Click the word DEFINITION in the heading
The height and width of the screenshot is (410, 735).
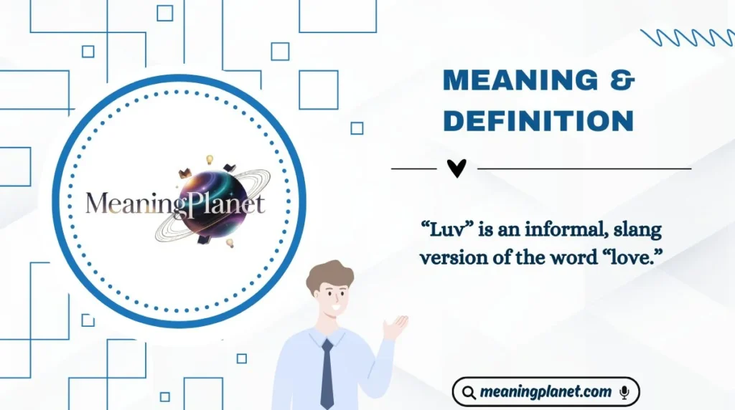tap(538, 120)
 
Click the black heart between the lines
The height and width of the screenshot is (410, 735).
tap(457, 168)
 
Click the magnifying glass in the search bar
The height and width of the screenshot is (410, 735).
tap(469, 393)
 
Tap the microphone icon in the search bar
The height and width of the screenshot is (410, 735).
tap(624, 392)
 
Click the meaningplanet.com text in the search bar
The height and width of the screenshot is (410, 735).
tap(546, 392)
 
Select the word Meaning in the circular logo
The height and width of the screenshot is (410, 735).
tap(128, 204)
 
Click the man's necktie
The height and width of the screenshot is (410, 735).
tap(327, 373)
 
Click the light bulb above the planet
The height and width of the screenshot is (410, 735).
tap(210, 159)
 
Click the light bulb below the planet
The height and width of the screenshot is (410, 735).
tap(230, 243)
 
